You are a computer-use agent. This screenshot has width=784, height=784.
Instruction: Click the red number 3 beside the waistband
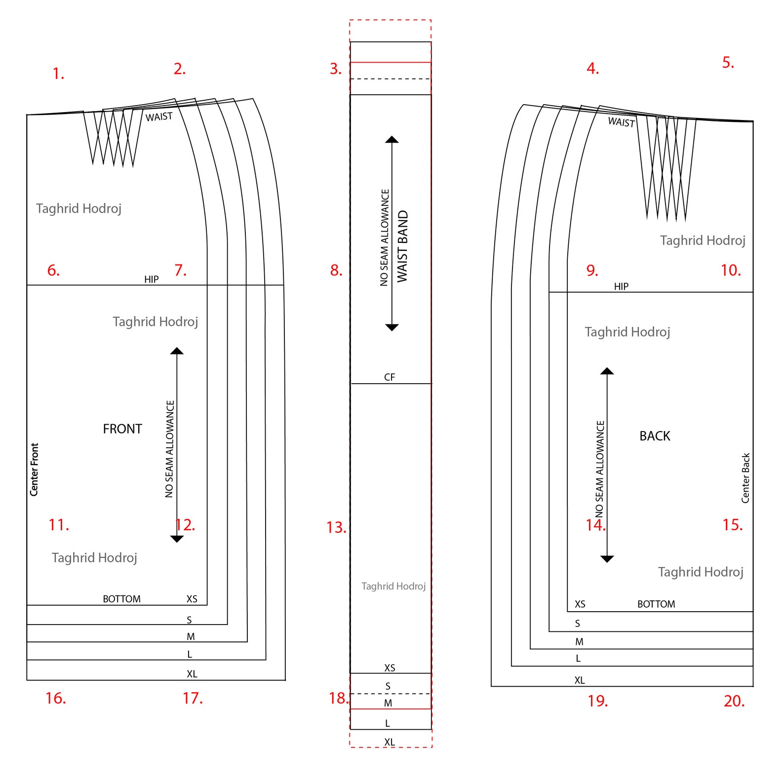pos(335,69)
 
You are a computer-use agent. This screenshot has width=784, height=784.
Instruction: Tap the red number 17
pos(192,698)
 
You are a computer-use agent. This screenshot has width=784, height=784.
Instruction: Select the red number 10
pos(730,270)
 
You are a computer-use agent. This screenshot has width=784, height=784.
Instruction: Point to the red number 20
pos(734,701)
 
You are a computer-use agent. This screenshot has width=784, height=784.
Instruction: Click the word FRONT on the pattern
pos(122,429)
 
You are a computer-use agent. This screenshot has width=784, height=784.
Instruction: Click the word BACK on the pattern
pos(655,436)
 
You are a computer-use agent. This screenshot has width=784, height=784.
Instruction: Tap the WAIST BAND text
pos(403,246)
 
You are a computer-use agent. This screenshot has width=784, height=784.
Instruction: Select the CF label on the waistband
pos(390,377)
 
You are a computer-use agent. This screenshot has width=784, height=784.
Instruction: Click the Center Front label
pos(34,469)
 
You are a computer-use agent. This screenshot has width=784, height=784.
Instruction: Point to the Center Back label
pos(745,478)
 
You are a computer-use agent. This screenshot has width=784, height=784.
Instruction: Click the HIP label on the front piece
pos(152,279)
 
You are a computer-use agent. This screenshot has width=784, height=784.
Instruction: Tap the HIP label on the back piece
pos(621,286)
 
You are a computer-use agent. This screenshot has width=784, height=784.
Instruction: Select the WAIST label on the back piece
pos(621,122)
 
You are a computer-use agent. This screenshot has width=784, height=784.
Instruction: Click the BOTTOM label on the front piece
pos(121,599)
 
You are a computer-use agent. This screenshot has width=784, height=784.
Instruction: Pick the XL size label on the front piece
pos(192,674)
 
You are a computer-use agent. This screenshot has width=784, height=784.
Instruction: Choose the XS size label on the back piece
pos(580,604)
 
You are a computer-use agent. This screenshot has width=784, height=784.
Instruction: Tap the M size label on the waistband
pos(388,703)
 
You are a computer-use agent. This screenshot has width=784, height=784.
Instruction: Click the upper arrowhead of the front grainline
pos(177,351)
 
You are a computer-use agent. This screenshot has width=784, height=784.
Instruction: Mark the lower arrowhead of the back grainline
pos(607,559)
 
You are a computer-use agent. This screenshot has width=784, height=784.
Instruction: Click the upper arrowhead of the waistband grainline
pos(392,140)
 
